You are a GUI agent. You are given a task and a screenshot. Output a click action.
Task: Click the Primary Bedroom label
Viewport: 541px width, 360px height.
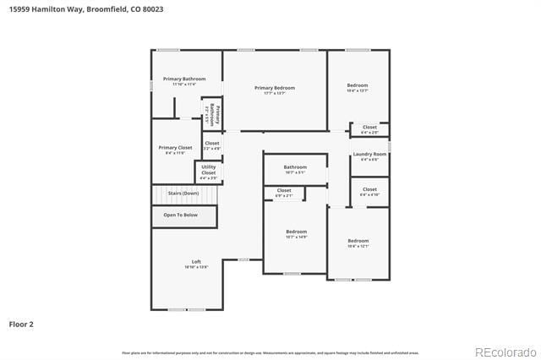click(x=275, y=88)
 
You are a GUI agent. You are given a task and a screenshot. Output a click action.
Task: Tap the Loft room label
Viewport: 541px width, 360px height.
click(x=196, y=261)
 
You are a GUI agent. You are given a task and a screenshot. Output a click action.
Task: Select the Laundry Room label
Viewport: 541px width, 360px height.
click(x=369, y=154)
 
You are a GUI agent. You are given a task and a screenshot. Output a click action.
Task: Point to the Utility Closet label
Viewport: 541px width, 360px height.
click(x=208, y=170)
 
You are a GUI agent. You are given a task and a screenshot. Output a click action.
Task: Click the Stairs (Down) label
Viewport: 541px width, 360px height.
click(x=183, y=194)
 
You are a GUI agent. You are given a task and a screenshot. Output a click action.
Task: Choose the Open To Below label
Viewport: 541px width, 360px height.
click(x=181, y=215)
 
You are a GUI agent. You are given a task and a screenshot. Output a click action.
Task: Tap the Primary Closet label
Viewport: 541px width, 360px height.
click(x=175, y=148)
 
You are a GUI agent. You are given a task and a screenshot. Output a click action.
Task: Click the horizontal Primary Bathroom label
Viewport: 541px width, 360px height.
click(x=184, y=79)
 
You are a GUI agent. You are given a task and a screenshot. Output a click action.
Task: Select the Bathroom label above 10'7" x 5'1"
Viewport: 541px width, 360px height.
click(x=295, y=167)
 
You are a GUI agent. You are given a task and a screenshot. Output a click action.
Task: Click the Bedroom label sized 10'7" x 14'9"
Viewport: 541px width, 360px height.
click(x=296, y=232)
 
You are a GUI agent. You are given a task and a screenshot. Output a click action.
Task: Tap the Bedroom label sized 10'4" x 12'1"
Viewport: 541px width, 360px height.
click(x=358, y=241)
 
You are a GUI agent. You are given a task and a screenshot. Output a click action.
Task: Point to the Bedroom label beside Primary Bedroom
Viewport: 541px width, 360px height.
click(x=358, y=85)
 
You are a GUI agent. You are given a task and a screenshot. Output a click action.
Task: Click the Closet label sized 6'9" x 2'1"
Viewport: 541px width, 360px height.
click(x=284, y=190)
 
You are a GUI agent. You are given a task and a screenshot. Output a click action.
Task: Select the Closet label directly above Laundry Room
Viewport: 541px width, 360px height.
click(x=369, y=128)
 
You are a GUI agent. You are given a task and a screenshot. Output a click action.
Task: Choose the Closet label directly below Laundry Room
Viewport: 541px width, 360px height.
click(x=369, y=189)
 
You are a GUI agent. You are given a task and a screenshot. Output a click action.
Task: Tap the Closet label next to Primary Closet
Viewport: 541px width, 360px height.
click(x=211, y=144)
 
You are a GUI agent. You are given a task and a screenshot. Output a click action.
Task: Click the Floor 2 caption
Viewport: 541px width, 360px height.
click(x=21, y=324)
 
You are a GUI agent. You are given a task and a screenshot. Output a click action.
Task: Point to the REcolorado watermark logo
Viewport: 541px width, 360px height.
click(x=505, y=352)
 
